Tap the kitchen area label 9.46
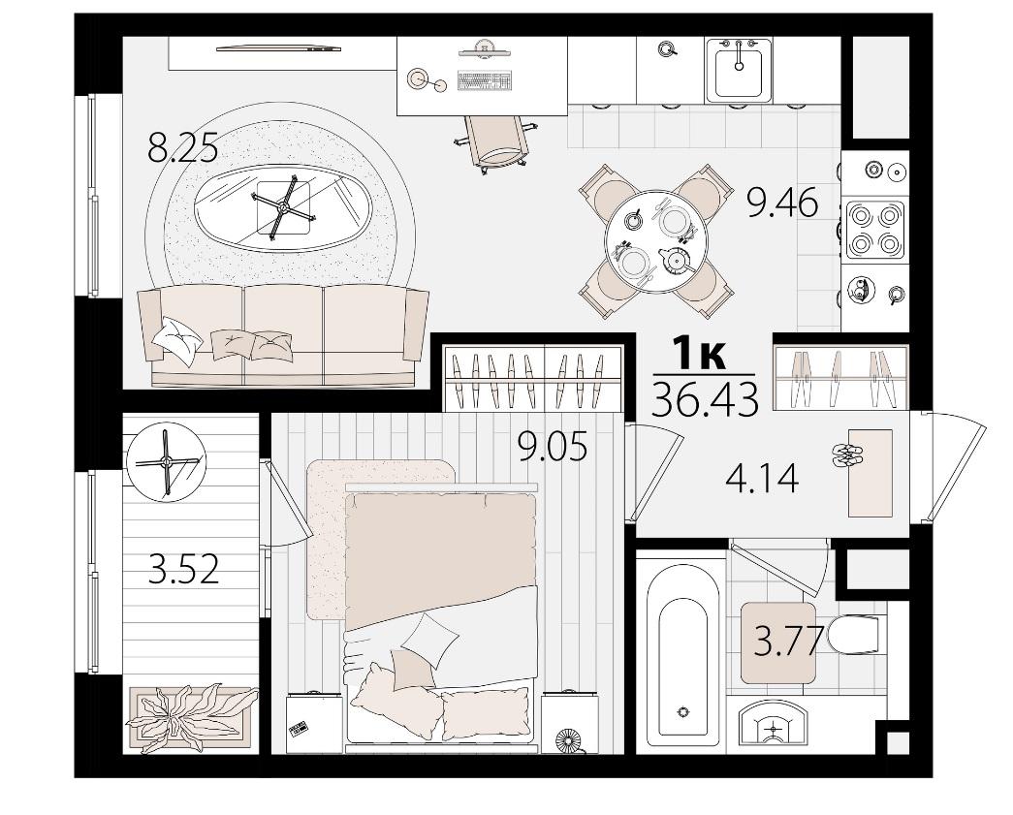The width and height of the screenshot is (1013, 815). [782, 204]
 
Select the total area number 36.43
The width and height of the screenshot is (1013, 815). [705, 399]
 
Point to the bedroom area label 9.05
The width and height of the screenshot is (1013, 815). [553, 447]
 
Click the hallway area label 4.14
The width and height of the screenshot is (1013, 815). [762, 479]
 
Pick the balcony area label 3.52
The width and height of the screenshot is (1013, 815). [183, 570]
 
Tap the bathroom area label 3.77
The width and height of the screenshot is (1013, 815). [789, 641]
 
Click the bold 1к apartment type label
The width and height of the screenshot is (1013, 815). [700, 355]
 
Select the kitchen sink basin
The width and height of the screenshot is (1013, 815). [739, 70]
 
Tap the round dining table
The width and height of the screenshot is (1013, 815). [655, 241]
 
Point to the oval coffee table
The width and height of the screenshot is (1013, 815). [283, 207]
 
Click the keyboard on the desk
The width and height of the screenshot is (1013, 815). [484, 80]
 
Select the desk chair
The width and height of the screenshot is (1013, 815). [496, 143]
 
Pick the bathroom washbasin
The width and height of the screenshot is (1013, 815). [772, 728]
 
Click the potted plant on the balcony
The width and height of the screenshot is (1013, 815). [191, 718]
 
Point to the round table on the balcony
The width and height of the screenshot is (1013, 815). [166, 461]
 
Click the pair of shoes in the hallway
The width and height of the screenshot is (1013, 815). [846, 455]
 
